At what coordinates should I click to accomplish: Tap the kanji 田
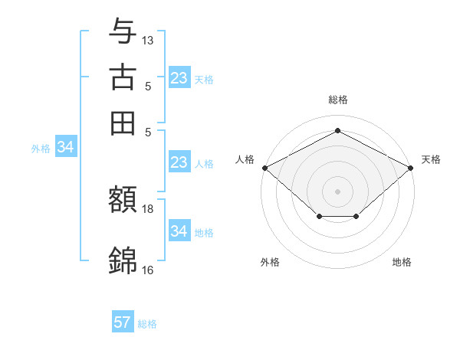[123, 123]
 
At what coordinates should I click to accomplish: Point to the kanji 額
[123, 201]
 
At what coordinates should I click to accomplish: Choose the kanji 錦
[123, 260]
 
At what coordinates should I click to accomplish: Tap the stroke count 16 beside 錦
[148, 270]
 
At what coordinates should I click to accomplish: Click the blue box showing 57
[123, 322]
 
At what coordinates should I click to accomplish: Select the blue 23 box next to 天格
[179, 78]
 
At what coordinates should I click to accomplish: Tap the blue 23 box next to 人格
[179, 162]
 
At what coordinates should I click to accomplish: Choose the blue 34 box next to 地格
[179, 231]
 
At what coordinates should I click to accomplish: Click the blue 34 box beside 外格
[65, 148]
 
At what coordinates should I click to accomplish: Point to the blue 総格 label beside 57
[147, 324]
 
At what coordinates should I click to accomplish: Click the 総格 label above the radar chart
[337, 100]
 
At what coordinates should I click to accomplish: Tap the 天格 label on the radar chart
[432, 159]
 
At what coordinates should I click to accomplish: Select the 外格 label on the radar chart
[270, 262]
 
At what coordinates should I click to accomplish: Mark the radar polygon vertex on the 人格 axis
[264, 167]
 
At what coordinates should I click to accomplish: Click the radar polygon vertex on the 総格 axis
[337, 130]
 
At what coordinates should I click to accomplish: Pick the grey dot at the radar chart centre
[337, 190]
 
